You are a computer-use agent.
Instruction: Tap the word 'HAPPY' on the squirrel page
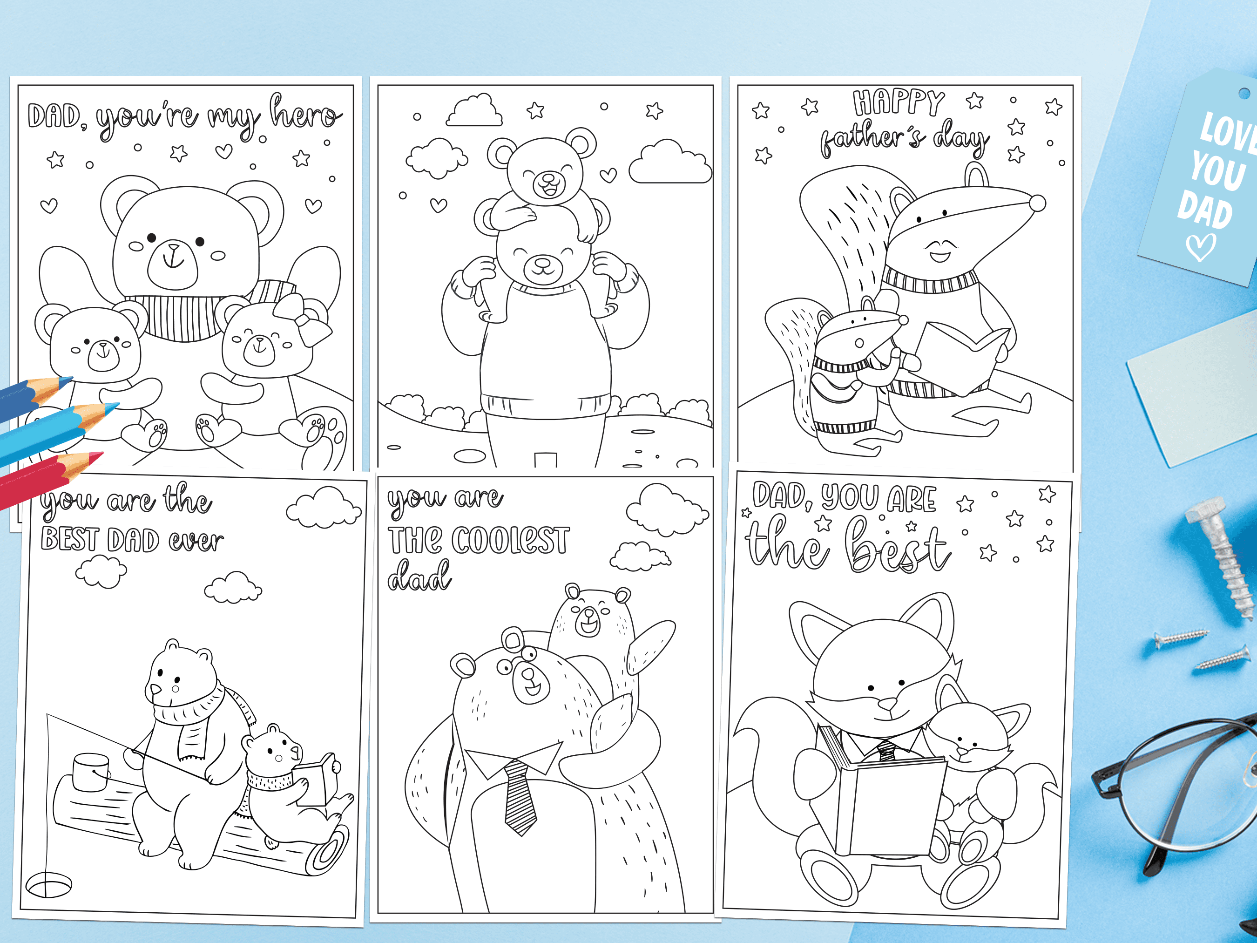coord(899,103)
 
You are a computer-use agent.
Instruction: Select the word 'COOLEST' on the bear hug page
coord(509,540)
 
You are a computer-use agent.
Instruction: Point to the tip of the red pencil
coord(103,453)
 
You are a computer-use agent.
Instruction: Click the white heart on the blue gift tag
coord(1200,248)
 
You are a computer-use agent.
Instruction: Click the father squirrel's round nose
coord(1037,203)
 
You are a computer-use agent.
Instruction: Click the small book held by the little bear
coord(319,779)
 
